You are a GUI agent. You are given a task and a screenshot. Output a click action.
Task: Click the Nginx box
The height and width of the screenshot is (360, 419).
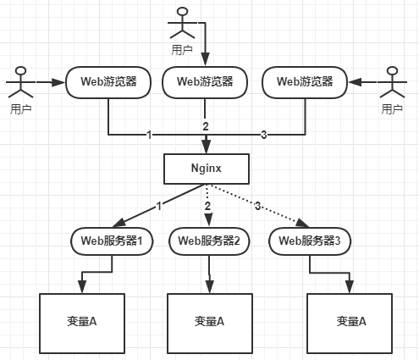point(207,169)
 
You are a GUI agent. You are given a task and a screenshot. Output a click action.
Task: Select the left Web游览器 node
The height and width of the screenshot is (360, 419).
point(108,82)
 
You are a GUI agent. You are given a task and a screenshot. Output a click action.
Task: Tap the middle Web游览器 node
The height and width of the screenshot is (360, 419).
point(205,82)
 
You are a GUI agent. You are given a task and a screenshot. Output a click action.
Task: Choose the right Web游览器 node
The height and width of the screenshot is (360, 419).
point(305,82)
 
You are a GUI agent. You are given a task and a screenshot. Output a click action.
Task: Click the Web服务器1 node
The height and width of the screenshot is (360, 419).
point(112,241)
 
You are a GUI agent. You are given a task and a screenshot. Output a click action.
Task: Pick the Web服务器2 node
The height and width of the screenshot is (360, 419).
point(209,241)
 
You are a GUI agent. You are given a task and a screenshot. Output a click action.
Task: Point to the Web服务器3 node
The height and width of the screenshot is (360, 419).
point(310,241)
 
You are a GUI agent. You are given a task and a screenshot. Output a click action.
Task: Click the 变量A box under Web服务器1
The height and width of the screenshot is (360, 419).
point(82,324)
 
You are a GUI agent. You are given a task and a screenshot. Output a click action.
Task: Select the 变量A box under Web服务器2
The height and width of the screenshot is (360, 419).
point(210,324)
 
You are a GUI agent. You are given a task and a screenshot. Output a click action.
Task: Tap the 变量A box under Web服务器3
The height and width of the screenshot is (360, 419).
point(350,324)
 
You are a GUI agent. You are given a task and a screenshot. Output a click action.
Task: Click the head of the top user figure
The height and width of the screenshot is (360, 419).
point(182,12)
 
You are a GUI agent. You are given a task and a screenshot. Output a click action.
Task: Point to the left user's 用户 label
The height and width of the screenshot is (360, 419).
point(20,109)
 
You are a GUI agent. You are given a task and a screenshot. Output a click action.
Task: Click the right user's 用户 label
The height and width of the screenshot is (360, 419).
point(392,109)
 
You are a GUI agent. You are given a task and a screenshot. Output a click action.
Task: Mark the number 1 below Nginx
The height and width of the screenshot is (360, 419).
point(159,207)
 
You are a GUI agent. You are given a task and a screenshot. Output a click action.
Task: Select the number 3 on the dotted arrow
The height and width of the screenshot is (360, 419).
point(257,206)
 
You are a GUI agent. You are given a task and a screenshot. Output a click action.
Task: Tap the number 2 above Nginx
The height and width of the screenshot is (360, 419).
point(206,126)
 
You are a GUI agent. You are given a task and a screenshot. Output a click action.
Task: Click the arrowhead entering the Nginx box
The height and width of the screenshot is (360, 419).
point(207,147)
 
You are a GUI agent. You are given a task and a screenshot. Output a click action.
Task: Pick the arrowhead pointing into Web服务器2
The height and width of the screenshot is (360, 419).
point(208,220)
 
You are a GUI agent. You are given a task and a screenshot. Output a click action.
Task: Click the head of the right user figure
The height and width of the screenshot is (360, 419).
point(393,70)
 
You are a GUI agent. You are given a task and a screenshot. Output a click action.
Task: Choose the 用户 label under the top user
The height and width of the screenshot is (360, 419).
point(182,50)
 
